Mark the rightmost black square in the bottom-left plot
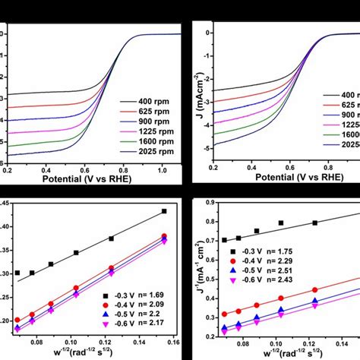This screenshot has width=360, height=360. [163, 211]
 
